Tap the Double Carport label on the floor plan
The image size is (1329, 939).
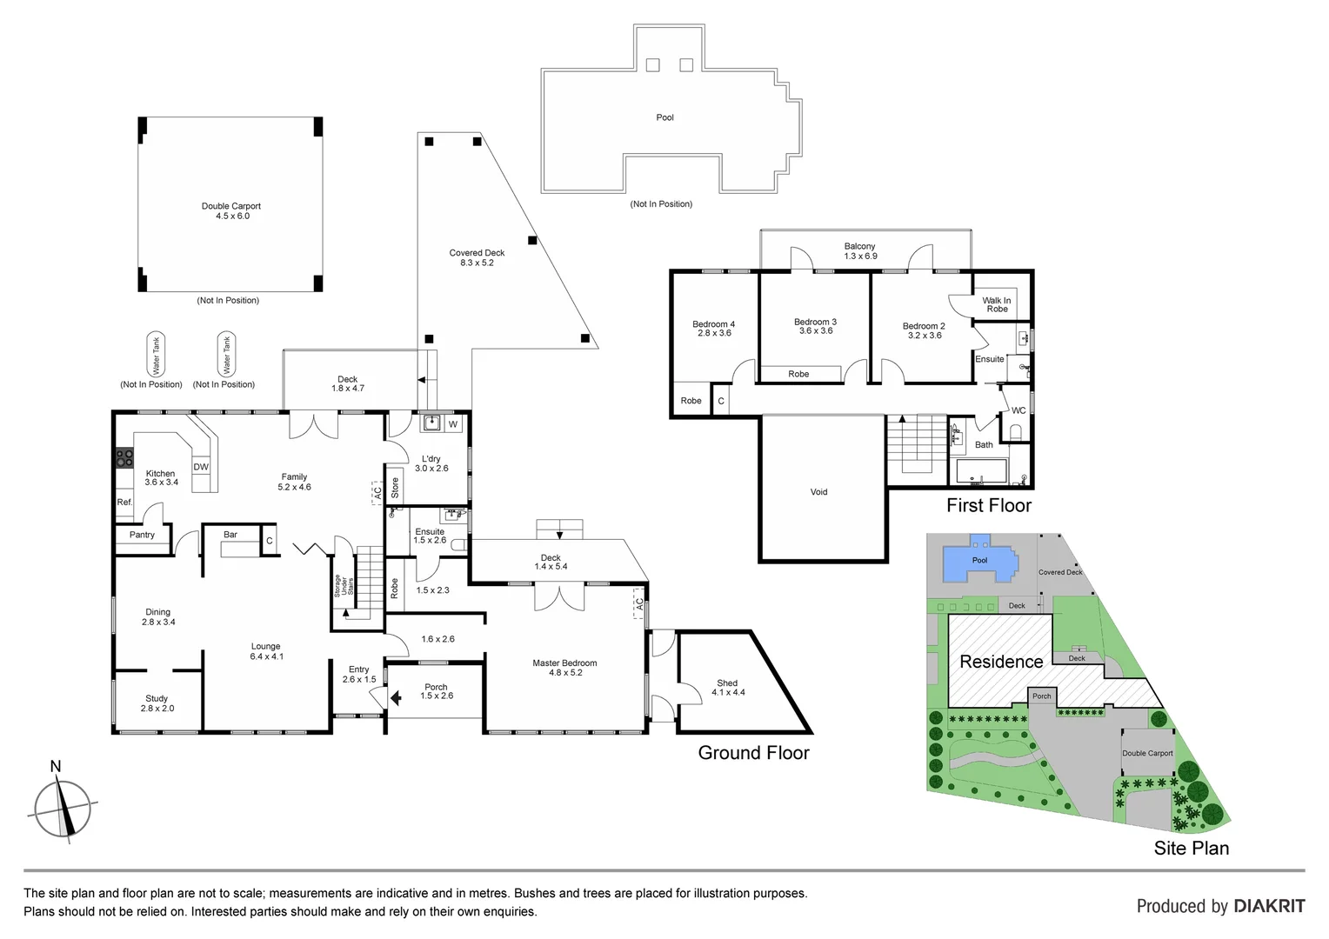coord(231,211)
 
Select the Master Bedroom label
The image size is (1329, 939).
coord(564,668)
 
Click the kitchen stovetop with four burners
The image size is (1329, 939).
coord(124,458)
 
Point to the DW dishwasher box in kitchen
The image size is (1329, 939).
coord(201,467)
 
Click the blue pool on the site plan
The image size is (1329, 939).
coord(980,562)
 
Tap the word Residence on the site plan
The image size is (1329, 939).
coord(1001,662)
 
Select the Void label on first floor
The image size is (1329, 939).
coord(818,492)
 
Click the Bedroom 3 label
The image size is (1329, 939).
coord(815,326)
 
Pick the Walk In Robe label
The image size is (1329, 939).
coord(997,304)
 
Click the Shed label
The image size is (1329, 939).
coord(727,688)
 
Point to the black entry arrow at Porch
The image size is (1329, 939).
coord(396,697)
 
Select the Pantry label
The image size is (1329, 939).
coord(142,535)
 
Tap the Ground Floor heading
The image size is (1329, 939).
coord(753,753)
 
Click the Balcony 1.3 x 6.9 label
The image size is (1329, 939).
coord(859,251)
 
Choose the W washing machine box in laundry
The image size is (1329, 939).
coord(453,424)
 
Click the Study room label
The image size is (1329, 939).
coord(157,703)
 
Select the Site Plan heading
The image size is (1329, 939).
coord(1191,849)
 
